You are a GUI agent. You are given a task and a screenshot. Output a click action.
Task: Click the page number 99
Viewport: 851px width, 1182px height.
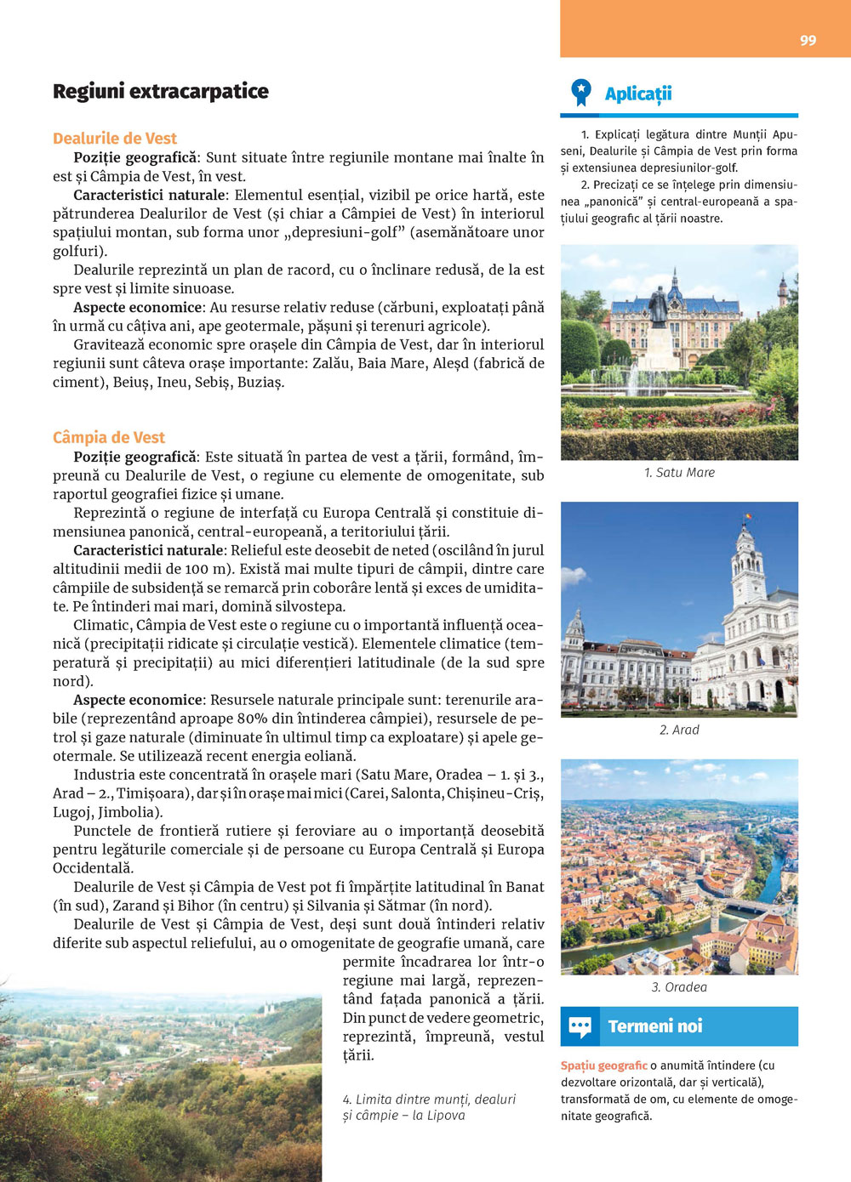point(808,40)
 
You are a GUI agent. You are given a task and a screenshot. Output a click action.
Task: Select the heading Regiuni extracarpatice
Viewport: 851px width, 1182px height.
point(161,91)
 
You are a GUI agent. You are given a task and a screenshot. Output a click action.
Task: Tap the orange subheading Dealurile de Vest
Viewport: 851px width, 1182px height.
point(115,139)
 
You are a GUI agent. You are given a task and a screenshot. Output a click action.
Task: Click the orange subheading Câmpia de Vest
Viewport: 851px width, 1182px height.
point(109,437)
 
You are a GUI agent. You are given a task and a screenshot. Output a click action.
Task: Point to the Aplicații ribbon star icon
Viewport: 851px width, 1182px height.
point(581,92)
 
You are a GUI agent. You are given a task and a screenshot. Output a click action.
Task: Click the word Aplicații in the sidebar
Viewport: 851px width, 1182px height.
point(638,94)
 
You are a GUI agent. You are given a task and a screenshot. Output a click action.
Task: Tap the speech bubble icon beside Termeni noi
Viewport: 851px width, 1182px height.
point(580,1026)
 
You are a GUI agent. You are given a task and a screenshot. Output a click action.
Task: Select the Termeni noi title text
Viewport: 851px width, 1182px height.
point(655,1026)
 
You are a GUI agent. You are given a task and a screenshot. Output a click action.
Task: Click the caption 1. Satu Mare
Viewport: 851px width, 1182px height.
point(679,473)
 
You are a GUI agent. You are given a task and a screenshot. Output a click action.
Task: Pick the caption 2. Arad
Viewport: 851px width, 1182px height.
point(679,730)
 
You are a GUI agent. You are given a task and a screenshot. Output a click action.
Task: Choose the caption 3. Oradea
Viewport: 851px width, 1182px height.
point(679,987)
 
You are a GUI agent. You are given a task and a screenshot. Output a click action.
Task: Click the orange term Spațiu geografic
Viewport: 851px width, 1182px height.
point(603,1066)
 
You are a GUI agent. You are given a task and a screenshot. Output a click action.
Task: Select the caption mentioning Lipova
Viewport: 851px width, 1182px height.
point(429,1107)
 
